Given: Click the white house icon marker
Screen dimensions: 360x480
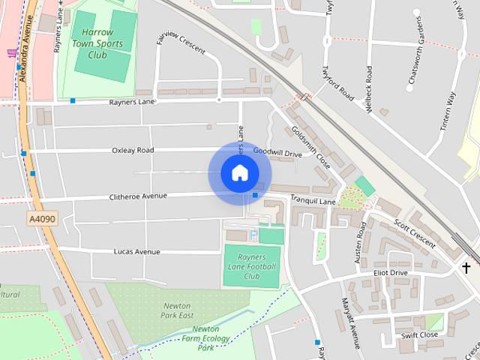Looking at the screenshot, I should (x=239, y=173).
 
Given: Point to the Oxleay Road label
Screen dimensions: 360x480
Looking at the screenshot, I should (x=133, y=151).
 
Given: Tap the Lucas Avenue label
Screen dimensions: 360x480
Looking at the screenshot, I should (x=136, y=252).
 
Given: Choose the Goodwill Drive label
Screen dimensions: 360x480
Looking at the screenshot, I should (x=277, y=152).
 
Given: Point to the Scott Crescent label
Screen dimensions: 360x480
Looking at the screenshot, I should (x=414, y=233).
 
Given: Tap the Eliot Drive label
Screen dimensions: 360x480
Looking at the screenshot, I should (x=389, y=273).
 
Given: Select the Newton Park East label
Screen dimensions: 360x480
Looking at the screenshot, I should (x=178, y=311).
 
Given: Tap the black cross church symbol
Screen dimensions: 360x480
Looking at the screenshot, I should (x=466, y=267).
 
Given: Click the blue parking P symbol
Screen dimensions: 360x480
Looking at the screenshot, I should (x=253, y=235).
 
